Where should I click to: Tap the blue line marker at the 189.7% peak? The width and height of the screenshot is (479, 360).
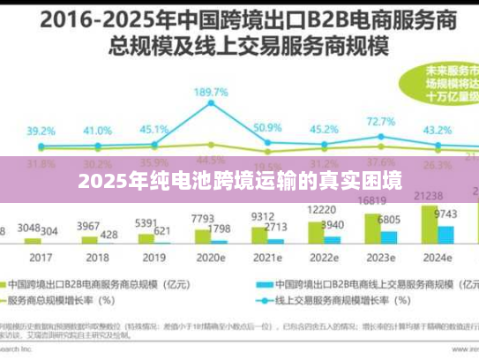tap(212, 103)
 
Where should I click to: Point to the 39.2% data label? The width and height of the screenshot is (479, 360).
tap(41, 131)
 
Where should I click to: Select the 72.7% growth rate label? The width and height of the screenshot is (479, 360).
tap(381, 121)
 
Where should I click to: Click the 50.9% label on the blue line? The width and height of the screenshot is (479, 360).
tap(266, 128)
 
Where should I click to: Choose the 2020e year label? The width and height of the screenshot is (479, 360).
tap(211, 259)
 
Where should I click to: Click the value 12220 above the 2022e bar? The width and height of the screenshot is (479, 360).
tap(319, 210)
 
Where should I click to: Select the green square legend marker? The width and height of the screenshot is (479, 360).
tap(12, 285)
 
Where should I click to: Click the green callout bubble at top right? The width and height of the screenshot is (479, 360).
tap(445, 84)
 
